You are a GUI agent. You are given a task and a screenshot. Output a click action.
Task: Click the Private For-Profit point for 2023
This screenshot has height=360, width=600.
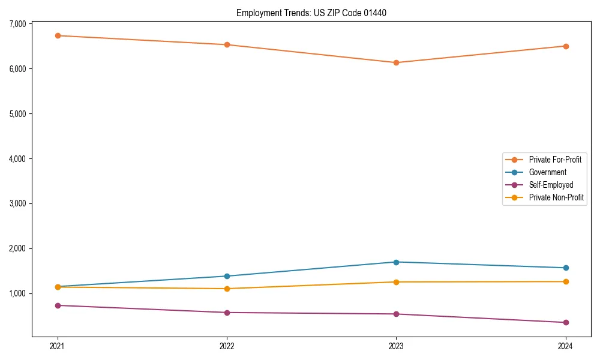click(x=396, y=62)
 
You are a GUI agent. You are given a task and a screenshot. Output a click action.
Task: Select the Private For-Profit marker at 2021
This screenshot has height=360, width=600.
click(x=58, y=35)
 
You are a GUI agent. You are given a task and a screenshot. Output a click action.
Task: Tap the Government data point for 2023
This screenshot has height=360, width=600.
click(x=396, y=262)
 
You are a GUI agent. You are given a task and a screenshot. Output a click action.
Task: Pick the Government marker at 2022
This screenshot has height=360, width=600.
click(x=227, y=276)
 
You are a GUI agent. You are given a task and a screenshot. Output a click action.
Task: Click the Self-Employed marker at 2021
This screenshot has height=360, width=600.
click(x=58, y=305)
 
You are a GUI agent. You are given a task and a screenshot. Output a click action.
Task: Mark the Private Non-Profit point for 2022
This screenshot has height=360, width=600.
click(x=227, y=289)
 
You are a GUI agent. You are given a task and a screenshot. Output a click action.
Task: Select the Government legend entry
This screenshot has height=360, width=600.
click(x=547, y=172)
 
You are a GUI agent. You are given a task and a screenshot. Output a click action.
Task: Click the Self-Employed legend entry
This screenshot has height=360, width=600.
click(x=551, y=185)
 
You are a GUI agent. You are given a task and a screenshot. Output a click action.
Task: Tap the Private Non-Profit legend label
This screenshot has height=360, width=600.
click(x=556, y=197)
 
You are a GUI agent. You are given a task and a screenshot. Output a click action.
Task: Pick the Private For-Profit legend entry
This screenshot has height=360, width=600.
click(x=555, y=160)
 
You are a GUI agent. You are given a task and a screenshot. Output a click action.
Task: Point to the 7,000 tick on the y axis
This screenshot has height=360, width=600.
click(x=17, y=24)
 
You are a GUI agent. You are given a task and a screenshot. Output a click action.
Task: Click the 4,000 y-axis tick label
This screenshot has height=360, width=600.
click(x=17, y=159)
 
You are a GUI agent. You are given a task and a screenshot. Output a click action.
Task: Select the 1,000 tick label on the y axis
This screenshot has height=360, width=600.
click(x=17, y=293)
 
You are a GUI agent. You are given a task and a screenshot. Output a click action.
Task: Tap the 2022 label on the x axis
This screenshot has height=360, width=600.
click(x=227, y=346)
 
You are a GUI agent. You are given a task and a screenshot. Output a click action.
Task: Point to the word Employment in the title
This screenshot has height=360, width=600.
click(x=256, y=13)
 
